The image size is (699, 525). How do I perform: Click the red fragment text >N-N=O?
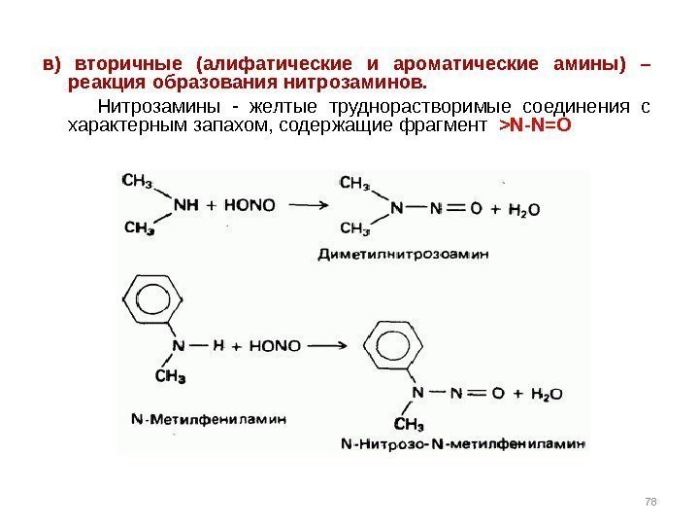pyautogui.click(x=535, y=126)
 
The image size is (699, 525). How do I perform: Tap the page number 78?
pyautogui.click(x=650, y=500)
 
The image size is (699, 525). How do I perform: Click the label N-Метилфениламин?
pyautogui.click(x=209, y=420)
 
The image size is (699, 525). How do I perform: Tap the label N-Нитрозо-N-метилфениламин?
pyautogui.click(x=464, y=444)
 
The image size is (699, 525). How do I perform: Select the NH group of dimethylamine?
pyautogui.click(x=185, y=205)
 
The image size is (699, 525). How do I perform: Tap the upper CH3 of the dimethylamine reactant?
pyautogui.click(x=138, y=180)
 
